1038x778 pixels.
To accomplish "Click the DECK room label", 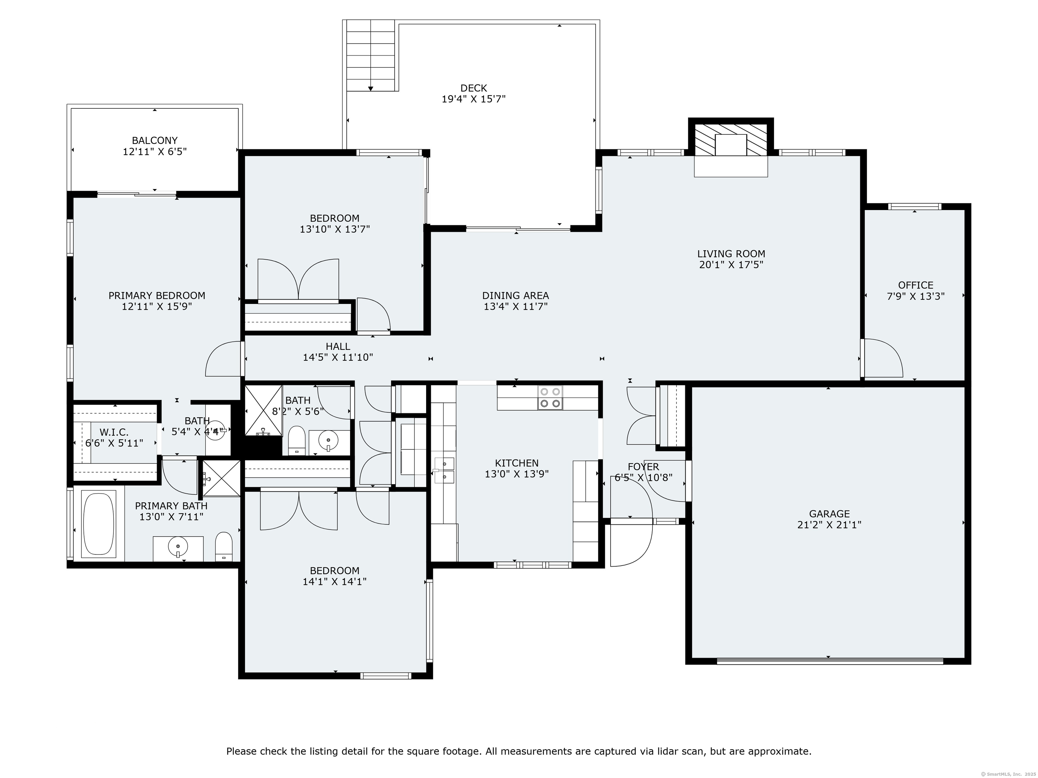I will (473, 88).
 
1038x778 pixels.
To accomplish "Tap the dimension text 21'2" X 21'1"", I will (829, 525).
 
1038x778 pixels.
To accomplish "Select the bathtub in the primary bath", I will (99, 523).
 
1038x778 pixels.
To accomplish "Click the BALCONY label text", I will (154, 140).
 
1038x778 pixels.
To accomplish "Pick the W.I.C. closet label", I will (114, 432).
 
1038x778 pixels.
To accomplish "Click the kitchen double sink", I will (444, 470).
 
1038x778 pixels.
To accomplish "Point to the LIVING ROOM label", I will (731, 254).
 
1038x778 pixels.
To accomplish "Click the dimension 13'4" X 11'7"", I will (516, 307).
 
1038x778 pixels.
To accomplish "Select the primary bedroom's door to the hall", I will (223, 359).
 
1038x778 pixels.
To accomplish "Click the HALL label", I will (338, 346).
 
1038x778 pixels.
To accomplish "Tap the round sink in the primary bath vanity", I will (178, 546).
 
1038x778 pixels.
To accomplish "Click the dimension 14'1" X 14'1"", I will (334, 581).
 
